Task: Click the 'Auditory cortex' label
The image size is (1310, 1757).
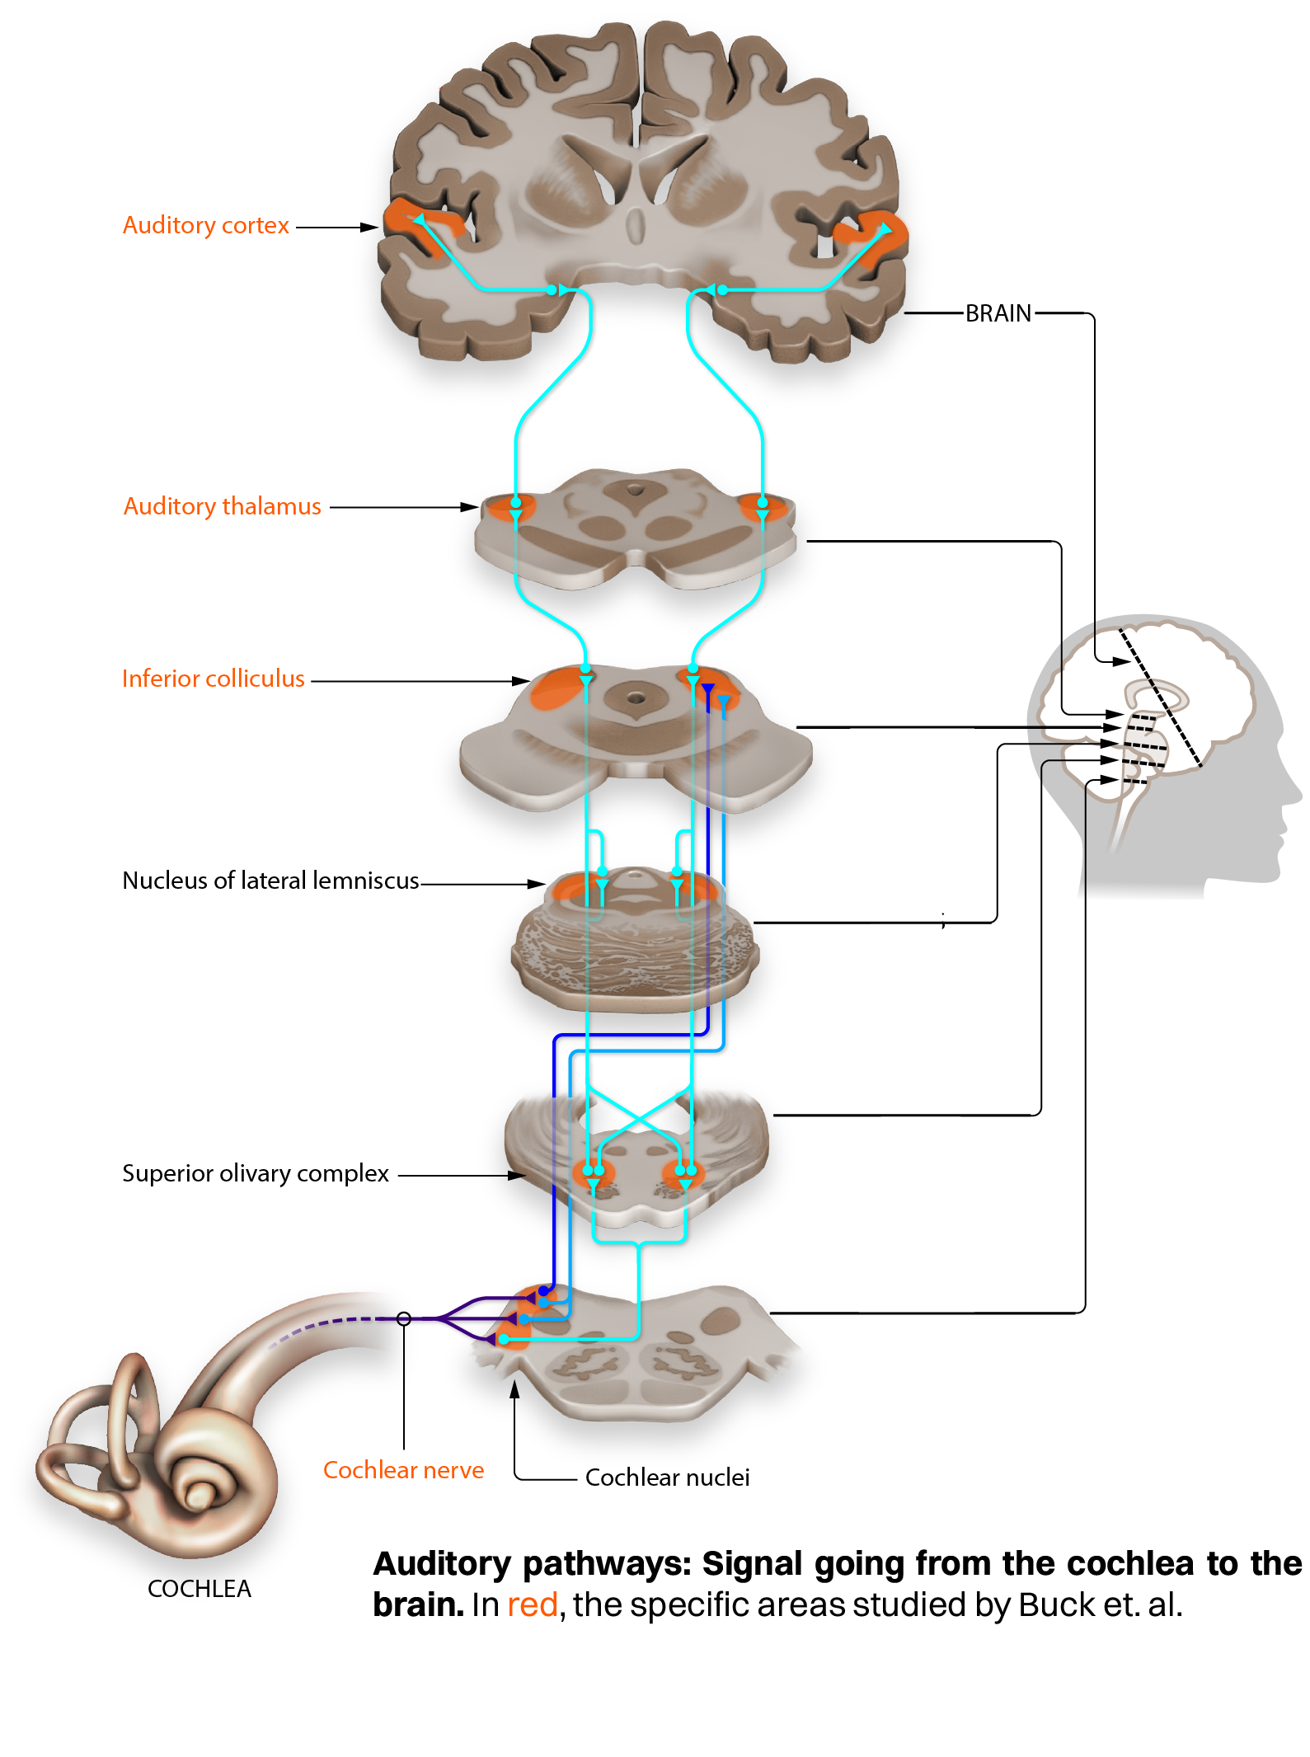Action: tap(205, 225)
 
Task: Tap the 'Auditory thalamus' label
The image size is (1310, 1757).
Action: tap(222, 506)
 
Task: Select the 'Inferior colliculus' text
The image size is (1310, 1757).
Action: tap(213, 679)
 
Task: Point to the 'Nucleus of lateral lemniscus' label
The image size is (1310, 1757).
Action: tap(270, 881)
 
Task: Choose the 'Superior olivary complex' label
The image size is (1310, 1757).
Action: tap(255, 1173)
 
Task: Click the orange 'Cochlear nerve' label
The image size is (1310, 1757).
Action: tap(403, 1470)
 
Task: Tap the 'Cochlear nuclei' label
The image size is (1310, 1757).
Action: tap(667, 1477)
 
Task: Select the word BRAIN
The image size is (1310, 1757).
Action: tap(998, 313)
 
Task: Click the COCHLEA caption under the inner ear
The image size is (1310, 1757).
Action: tap(199, 1589)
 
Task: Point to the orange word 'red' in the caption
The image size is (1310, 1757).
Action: tap(532, 1605)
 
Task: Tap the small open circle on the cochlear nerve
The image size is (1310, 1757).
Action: tap(404, 1318)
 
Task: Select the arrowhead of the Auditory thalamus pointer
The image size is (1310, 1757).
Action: tap(469, 507)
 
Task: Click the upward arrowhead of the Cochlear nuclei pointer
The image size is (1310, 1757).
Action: tap(514, 1389)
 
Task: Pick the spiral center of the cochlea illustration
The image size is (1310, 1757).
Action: tap(199, 1493)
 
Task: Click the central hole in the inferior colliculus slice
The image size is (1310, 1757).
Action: tap(636, 698)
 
